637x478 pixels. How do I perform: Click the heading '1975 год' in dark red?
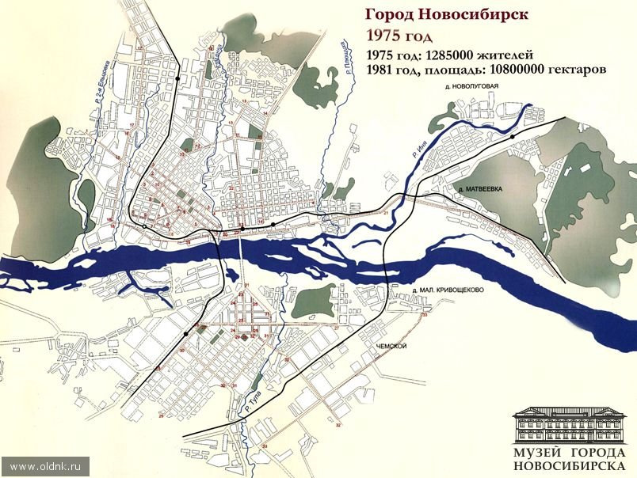tap(399, 36)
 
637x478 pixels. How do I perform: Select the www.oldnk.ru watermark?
tap(44, 466)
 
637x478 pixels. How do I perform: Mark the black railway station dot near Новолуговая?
tap(513, 137)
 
